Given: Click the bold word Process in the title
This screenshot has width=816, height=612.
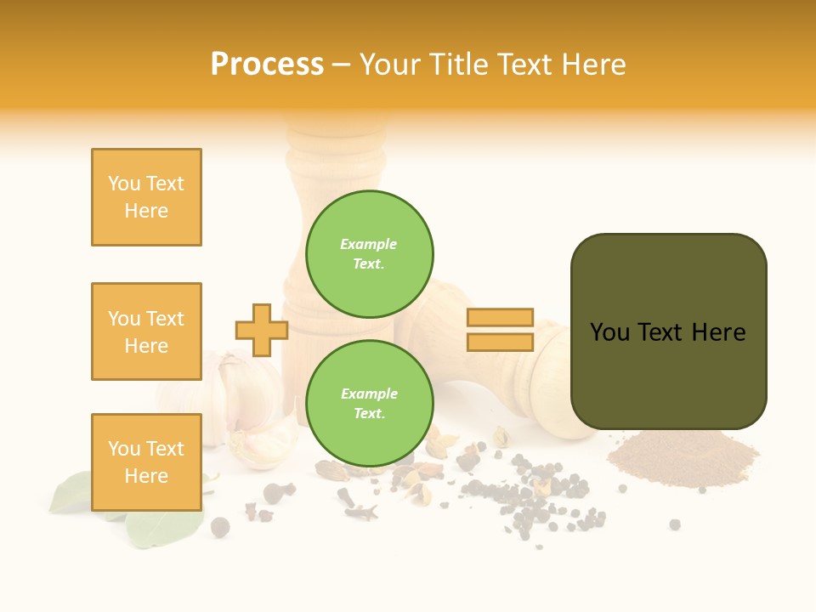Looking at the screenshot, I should (x=267, y=65).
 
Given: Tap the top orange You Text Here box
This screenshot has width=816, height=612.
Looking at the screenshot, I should (x=146, y=197).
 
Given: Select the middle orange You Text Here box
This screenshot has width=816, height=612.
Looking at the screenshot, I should (x=146, y=331).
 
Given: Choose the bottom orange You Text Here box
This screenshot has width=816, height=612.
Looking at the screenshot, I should (x=146, y=462).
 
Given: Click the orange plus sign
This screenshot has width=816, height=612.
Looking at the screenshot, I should (x=261, y=330).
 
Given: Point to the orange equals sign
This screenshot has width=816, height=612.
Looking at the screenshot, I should (x=500, y=330).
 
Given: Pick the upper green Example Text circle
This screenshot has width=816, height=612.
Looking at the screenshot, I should (x=369, y=254).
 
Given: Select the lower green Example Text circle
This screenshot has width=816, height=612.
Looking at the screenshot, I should (x=369, y=404).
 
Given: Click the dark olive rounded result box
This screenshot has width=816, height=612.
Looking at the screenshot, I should (x=668, y=331).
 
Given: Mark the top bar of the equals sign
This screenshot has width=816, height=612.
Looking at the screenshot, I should (x=500, y=317).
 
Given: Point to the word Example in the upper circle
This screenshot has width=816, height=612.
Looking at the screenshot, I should (x=368, y=244).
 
